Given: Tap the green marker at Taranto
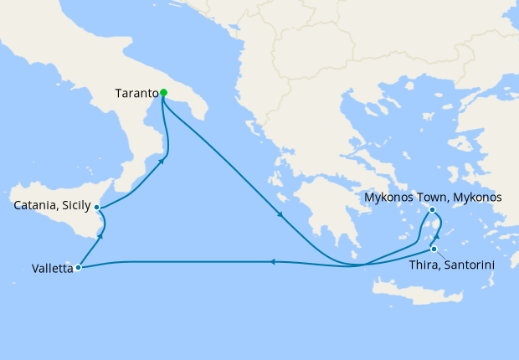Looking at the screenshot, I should [x=164, y=93].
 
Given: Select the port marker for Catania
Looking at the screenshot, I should [x=97, y=207].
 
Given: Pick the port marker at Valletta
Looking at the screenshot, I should [x=78, y=268].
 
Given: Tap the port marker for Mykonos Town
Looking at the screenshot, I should [x=432, y=210].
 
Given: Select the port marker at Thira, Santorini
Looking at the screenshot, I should [x=434, y=249].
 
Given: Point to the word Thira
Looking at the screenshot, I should [x=427, y=265].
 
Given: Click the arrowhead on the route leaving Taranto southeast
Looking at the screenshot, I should [x=280, y=215].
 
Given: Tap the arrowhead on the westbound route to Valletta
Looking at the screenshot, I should [x=273, y=261].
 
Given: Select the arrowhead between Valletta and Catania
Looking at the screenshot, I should [x=100, y=237].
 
